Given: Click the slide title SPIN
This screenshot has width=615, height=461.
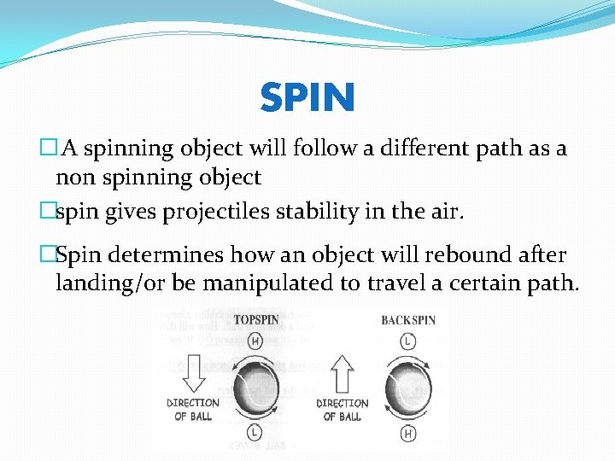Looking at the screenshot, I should [x=307, y=98].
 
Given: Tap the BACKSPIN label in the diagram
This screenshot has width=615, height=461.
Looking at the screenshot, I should [x=408, y=320].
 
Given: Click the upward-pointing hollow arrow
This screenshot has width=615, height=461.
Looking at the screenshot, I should [x=342, y=372].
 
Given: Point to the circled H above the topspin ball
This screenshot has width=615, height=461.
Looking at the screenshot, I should [x=255, y=341].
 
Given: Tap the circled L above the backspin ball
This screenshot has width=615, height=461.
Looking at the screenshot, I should [x=407, y=340].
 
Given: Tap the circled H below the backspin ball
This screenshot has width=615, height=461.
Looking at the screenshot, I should [x=407, y=434].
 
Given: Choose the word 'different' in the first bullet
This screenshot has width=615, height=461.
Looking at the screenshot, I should [x=395, y=149].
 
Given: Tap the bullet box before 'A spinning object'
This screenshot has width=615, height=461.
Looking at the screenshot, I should [x=48, y=149].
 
